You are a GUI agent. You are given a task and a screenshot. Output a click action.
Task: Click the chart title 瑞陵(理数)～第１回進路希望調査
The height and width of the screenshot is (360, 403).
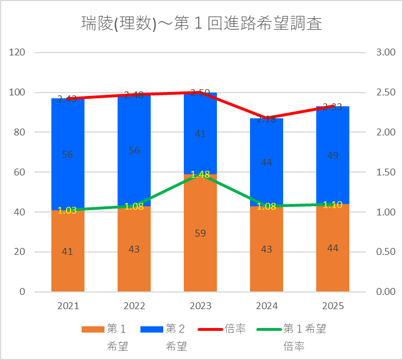pyautogui.click(x=201, y=23)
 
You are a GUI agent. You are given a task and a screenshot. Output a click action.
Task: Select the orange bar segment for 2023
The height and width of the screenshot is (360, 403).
pyautogui.click(x=200, y=251)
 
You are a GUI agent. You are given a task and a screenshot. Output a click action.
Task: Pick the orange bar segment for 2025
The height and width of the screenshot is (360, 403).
pyautogui.click(x=333, y=263)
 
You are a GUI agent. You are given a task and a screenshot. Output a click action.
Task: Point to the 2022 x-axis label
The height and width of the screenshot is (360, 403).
pyautogui.click(x=134, y=306)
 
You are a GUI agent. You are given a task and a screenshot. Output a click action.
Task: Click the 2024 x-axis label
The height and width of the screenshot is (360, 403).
pyautogui.click(x=267, y=306)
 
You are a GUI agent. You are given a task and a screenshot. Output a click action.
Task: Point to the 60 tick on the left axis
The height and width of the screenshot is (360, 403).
pyautogui.click(x=21, y=172)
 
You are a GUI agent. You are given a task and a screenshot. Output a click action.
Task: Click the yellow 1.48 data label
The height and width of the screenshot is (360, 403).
pyautogui.click(x=200, y=175)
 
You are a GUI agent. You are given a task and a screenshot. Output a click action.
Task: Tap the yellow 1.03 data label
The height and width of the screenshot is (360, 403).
pyautogui.click(x=67, y=210)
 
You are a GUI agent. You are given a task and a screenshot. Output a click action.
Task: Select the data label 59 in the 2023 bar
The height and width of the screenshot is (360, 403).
pyautogui.click(x=200, y=233)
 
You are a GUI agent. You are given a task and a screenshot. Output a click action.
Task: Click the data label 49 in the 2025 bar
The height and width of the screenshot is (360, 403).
pyautogui.click(x=333, y=156)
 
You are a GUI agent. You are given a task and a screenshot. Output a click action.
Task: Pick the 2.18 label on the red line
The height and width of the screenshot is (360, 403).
pyautogui.click(x=267, y=119)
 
